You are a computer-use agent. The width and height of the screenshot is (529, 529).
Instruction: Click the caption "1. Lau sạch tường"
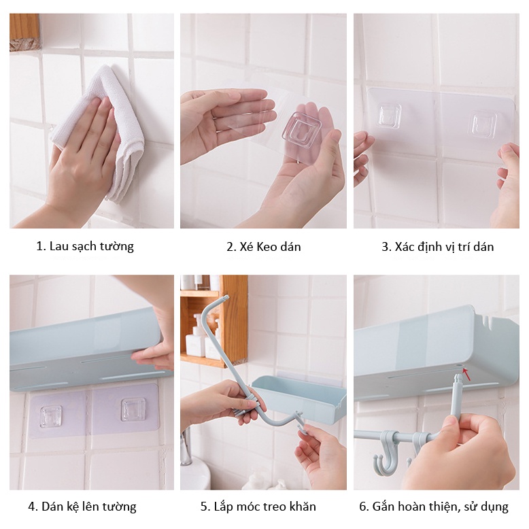85,246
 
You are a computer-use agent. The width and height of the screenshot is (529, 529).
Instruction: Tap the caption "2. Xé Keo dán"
264,247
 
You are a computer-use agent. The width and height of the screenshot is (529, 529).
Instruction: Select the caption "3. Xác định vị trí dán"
438,247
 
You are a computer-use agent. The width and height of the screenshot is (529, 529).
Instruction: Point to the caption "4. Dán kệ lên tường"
82,507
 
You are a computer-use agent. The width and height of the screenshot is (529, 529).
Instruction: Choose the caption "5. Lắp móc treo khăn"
258,507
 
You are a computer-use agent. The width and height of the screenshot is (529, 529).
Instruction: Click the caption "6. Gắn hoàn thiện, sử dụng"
434,507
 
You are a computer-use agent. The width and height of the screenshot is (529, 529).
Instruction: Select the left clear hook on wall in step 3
390,115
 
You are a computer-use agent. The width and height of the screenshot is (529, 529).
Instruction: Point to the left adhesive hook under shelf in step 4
51,416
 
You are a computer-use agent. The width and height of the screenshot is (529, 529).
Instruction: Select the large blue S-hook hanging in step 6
386,454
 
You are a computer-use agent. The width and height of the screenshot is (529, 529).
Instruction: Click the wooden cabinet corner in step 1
24,33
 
